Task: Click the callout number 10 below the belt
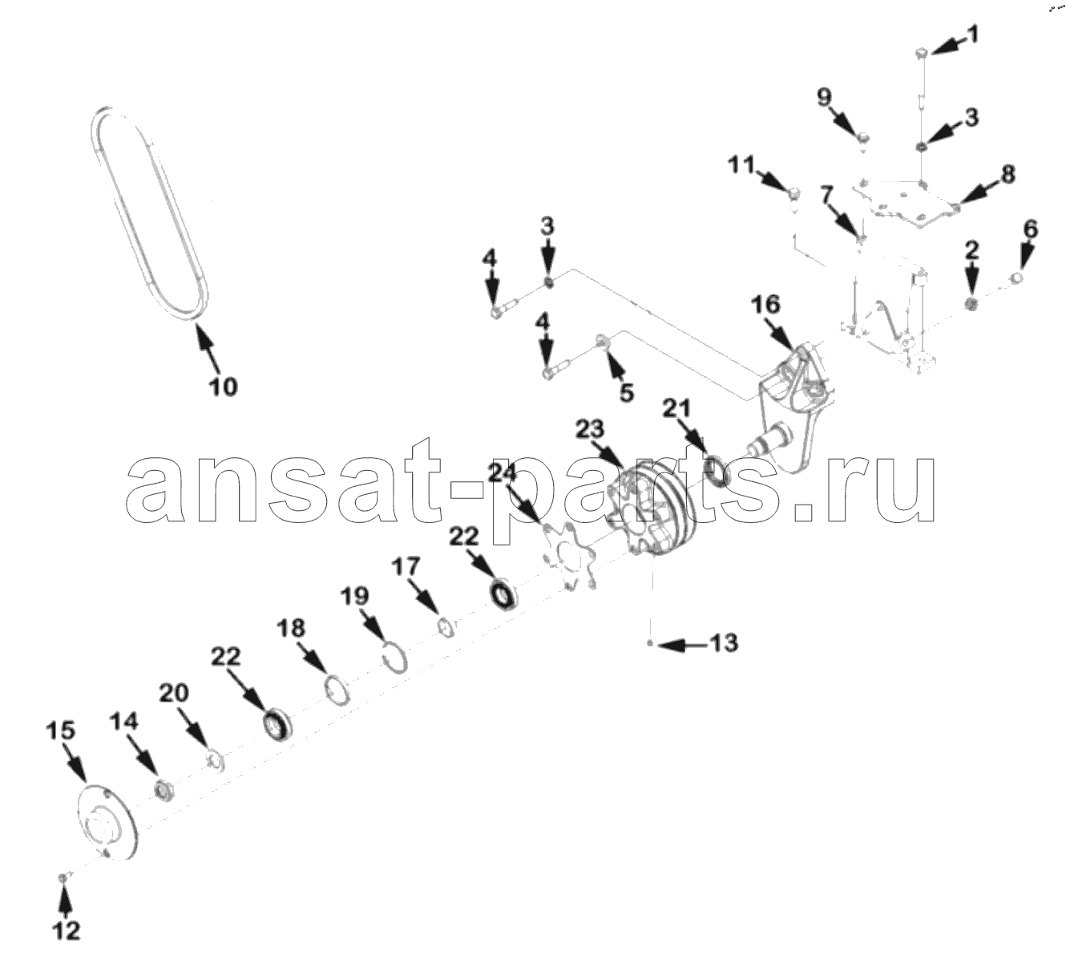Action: (x=223, y=386)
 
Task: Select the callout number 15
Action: (x=60, y=731)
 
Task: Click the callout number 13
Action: (x=724, y=643)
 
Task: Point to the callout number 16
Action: (x=765, y=305)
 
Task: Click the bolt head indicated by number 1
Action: (x=922, y=54)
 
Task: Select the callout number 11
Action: (x=741, y=164)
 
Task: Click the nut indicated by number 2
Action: (x=971, y=304)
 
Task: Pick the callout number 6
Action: (x=1030, y=230)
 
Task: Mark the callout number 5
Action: (x=627, y=393)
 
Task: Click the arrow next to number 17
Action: (x=423, y=596)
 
